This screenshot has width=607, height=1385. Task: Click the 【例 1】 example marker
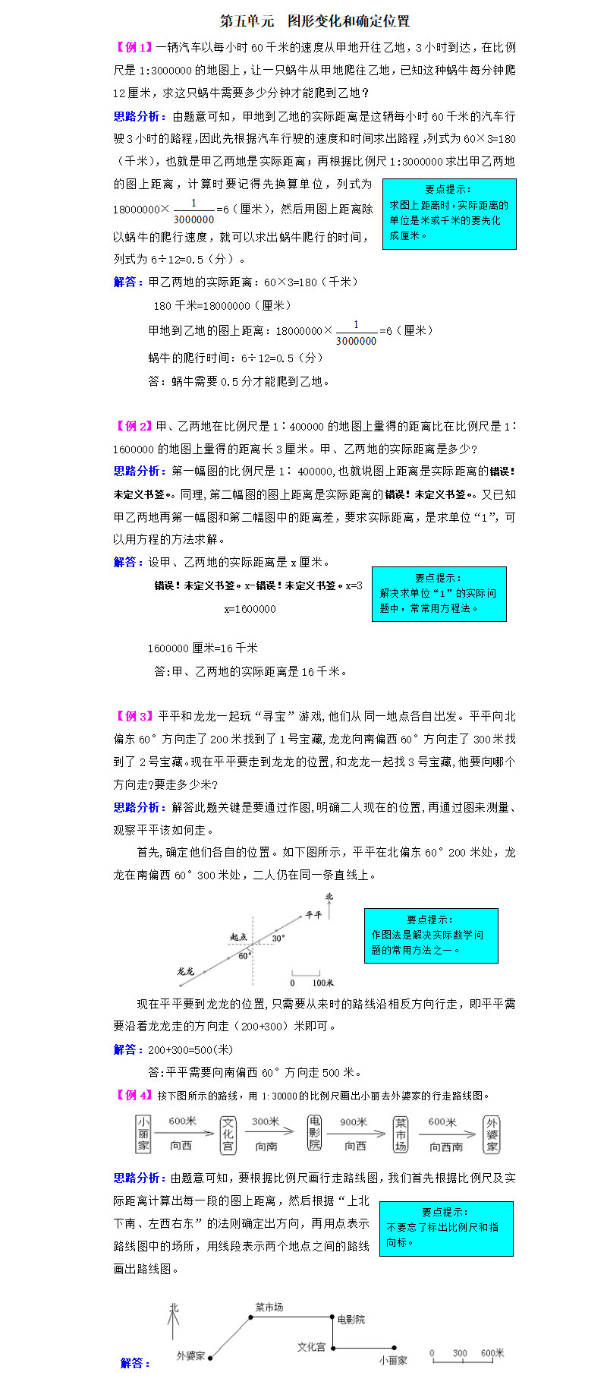click(133, 48)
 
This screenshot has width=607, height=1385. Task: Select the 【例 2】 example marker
click(133, 427)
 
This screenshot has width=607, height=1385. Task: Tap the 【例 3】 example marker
click(133, 716)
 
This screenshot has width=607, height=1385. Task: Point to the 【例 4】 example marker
click(133, 1095)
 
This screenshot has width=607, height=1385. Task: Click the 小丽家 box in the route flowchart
click(143, 1134)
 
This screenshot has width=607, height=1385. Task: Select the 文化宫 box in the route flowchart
click(228, 1134)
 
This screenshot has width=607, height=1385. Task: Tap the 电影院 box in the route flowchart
click(315, 1133)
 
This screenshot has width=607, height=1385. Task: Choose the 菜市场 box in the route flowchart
click(401, 1134)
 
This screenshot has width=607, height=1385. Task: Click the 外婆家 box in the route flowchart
click(492, 1134)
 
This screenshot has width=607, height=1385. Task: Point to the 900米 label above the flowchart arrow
click(354, 1122)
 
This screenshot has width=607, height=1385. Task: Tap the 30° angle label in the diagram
click(278, 939)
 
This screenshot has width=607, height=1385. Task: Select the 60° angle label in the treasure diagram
click(244, 956)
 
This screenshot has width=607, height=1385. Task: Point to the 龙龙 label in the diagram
click(185, 971)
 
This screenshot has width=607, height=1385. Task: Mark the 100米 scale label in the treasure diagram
click(323, 983)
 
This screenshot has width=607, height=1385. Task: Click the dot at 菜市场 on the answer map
click(251, 1317)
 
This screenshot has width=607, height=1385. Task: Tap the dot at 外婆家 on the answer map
click(210, 1358)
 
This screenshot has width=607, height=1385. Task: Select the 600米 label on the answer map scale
click(492, 1353)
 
